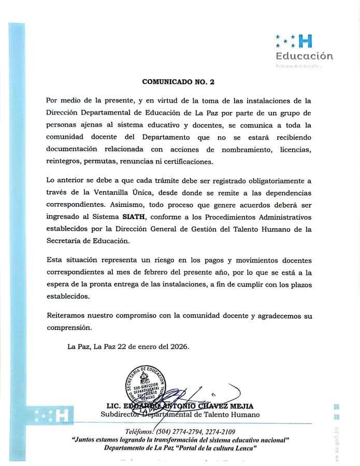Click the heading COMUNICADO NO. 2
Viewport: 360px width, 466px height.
tap(178, 82)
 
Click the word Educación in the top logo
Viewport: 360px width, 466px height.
tap(304, 56)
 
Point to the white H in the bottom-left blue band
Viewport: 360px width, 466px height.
tap(61, 415)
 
